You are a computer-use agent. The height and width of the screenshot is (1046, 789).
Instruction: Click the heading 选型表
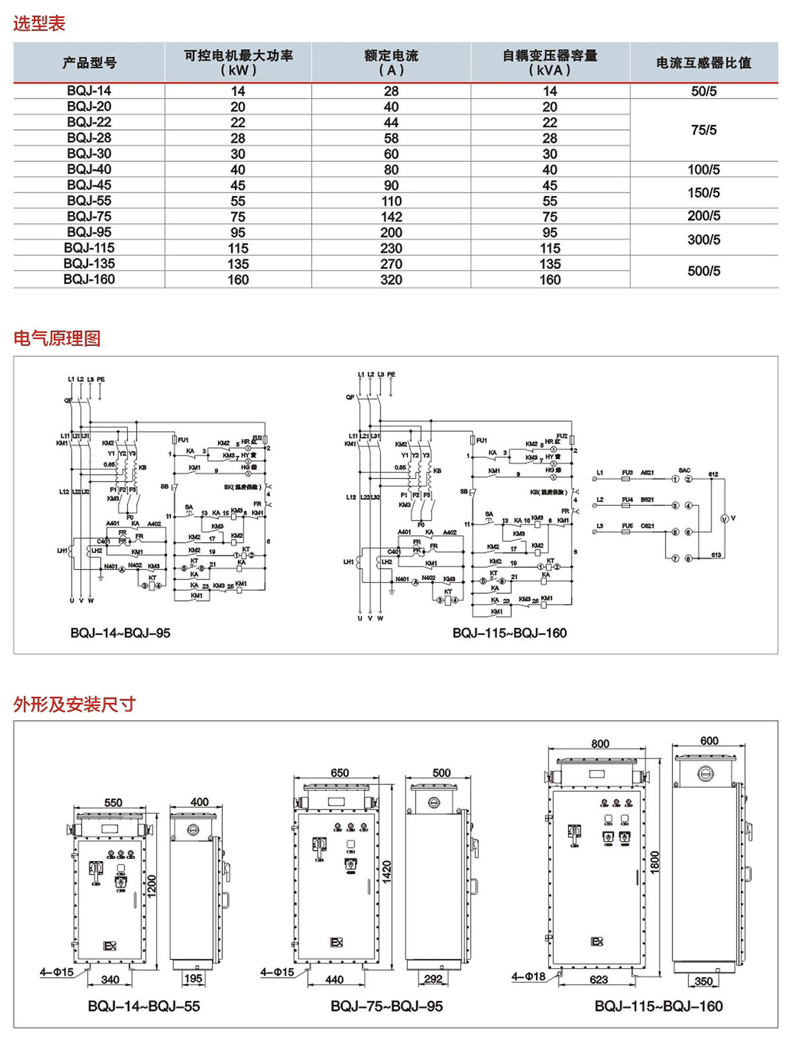click(x=39, y=24)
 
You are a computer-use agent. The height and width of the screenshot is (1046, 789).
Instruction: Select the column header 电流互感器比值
click(x=703, y=63)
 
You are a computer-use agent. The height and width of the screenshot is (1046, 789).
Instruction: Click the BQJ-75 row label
click(x=89, y=217)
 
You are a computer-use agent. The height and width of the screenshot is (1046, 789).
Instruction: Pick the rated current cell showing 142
click(x=391, y=217)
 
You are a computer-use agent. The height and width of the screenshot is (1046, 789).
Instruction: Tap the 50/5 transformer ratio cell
click(x=703, y=91)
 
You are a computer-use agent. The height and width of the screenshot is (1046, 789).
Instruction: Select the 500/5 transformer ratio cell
click(x=703, y=271)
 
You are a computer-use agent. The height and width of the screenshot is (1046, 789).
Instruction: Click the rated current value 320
click(x=391, y=280)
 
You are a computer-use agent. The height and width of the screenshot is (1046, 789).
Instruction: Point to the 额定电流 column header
click(x=391, y=63)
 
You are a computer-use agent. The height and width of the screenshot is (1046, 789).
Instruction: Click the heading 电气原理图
click(x=57, y=338)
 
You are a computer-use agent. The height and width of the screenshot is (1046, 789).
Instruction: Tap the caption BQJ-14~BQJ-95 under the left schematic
click(x=120, y=633)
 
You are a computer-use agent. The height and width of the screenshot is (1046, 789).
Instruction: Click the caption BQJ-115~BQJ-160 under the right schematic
click(x=509, y=633)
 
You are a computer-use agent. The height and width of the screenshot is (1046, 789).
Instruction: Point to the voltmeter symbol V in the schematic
click(x=723, y=518)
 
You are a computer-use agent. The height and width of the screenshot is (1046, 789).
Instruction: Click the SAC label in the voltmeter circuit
click(x=684, y=470)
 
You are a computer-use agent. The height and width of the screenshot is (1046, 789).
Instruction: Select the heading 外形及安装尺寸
click(x=74, y=704)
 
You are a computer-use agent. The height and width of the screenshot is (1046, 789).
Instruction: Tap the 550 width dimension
click(x=113, y=803)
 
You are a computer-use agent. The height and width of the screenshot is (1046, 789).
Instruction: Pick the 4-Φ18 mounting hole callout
click(x=528, y=977)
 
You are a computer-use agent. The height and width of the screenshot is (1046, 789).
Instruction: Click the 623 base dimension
click(x=598, y=979)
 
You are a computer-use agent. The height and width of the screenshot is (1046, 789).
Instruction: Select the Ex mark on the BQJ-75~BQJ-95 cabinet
click(x=336, y=942)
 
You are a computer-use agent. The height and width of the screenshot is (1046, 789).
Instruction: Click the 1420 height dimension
click(x=387, y=872)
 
